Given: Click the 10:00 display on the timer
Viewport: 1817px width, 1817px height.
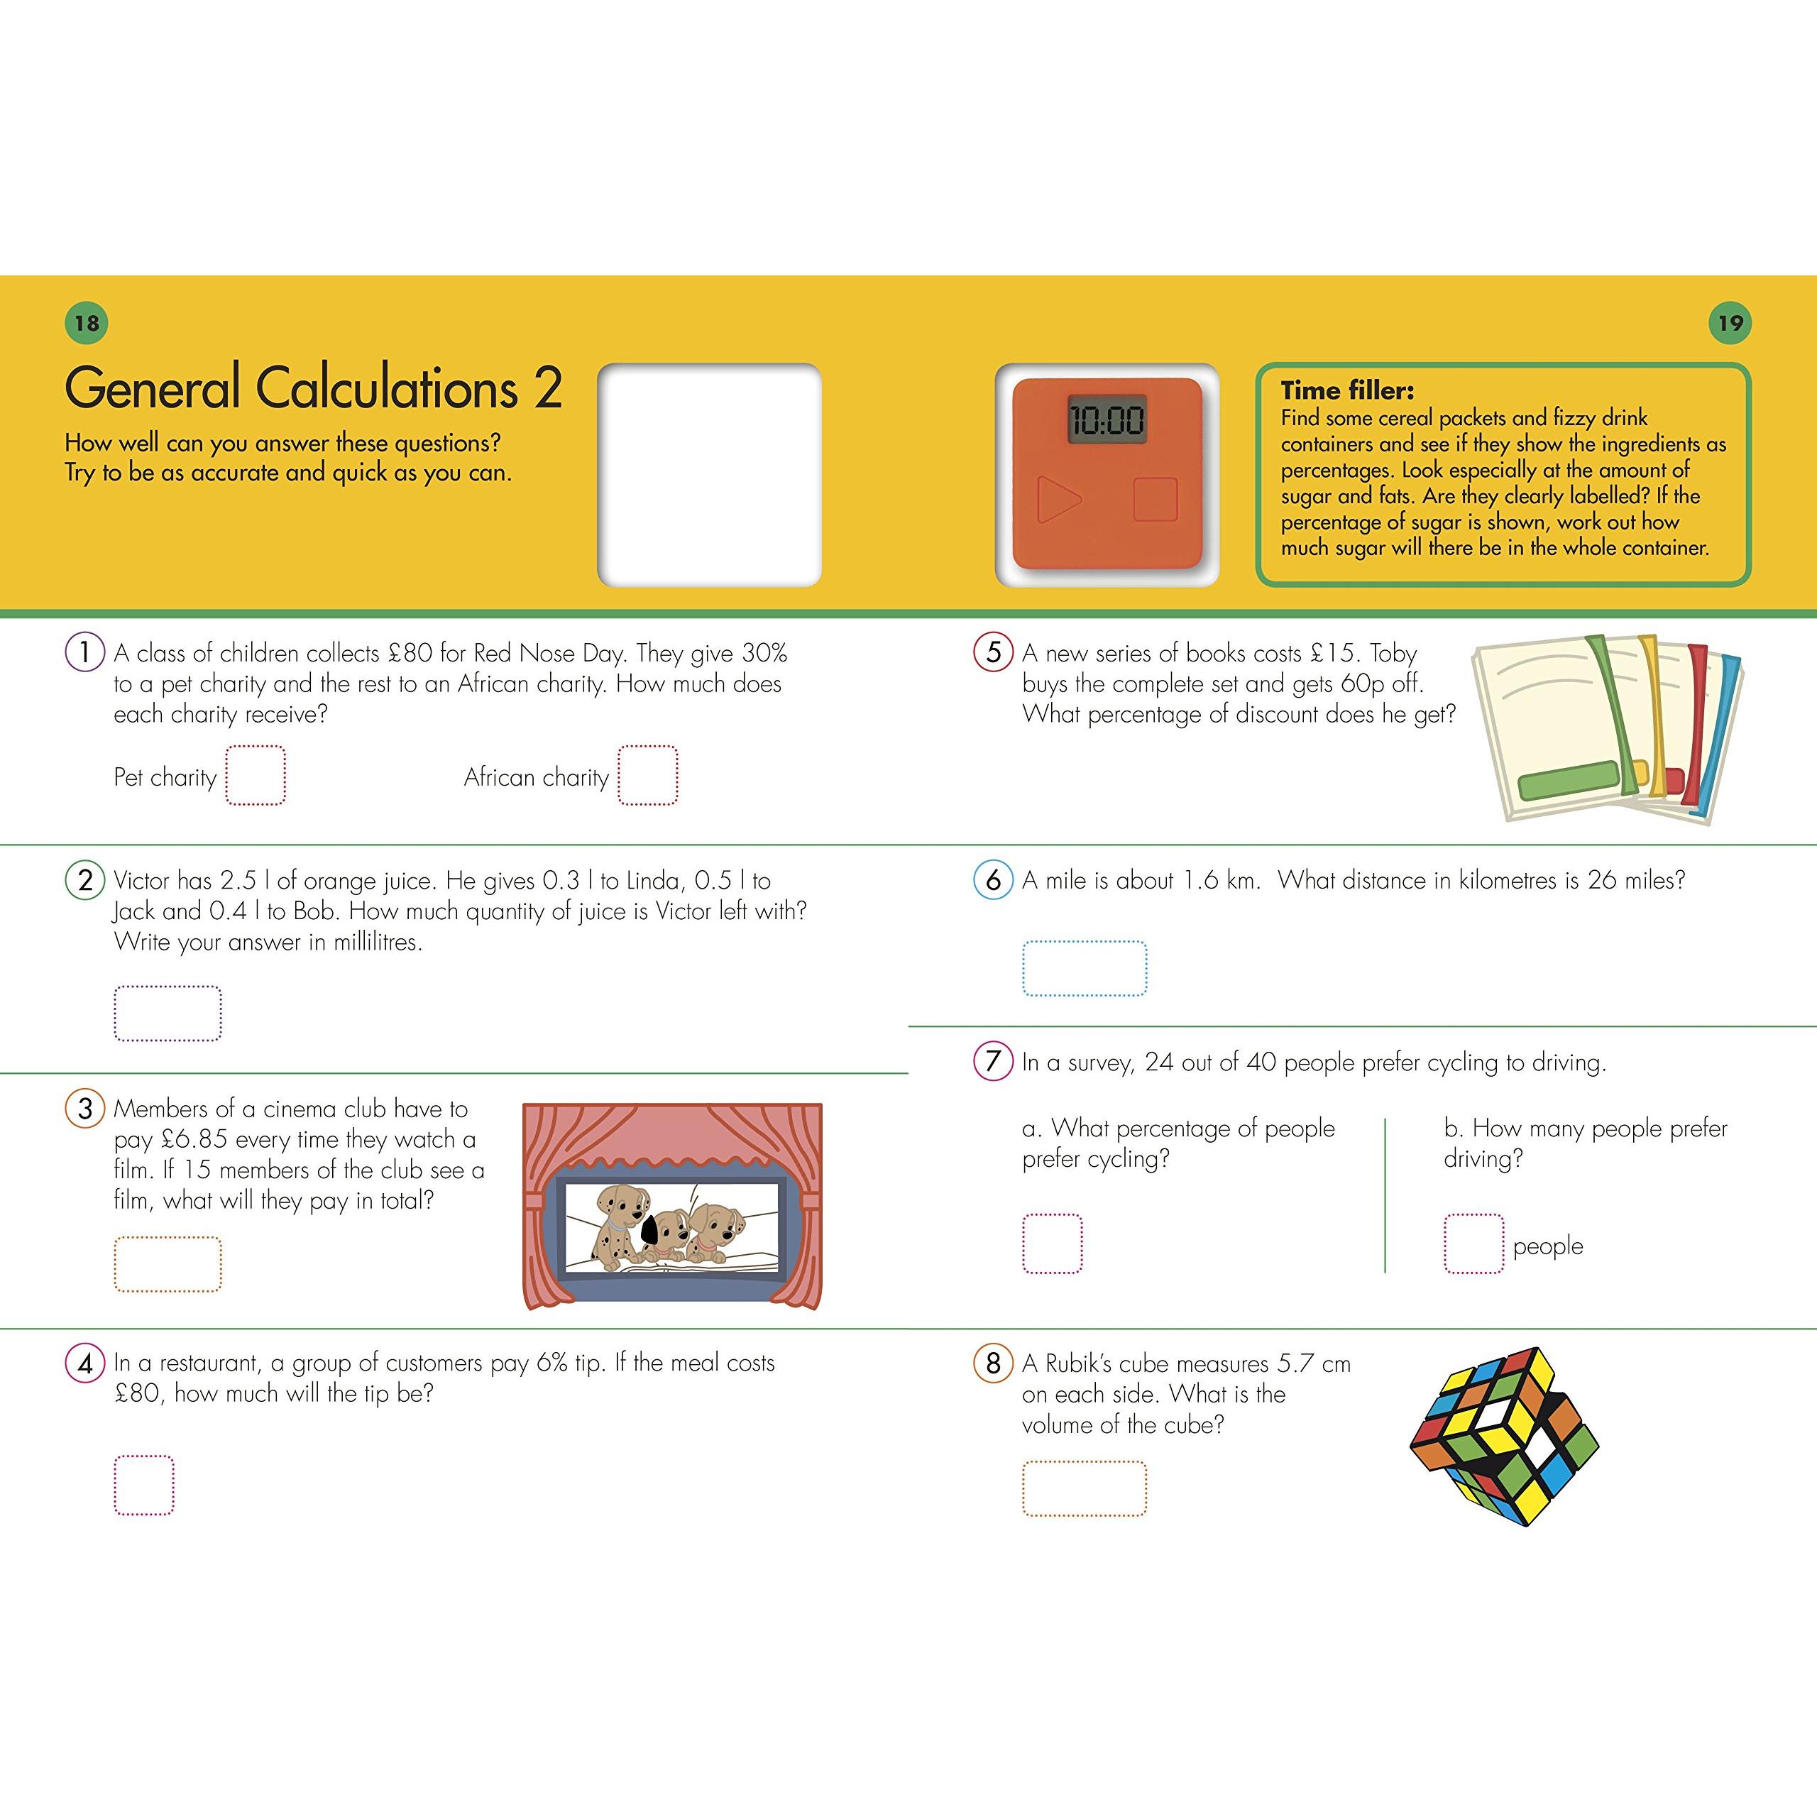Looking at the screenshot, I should click(x=1107, y=420).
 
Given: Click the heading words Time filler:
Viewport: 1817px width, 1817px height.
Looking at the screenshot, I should click(x=1346, y=390).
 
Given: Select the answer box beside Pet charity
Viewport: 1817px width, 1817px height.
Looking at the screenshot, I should click(x=256, y=776).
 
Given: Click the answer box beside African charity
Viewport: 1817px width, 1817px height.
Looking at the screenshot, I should click(x=648, y=776).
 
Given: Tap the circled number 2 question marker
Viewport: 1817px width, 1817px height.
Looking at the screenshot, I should click(x=84, y=880).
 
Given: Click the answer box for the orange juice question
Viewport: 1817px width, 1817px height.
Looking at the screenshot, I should click(x=168, y=1013).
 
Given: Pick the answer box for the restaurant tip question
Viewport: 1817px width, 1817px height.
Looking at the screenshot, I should click(x=144, y=1485).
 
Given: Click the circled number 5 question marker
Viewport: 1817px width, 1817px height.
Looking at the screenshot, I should click(x=993, y=652).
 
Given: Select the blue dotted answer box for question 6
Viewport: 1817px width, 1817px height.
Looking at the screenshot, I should click(x=1085, y=967).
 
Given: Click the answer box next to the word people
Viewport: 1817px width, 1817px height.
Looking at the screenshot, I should click(x=1473, y=1244).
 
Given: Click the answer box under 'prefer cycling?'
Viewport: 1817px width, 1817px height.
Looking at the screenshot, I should click(x=1053, y=1244).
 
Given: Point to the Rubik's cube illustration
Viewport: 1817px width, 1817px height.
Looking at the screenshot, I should click(x=1504, y=1435).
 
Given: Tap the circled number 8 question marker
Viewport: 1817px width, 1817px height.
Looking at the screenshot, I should click(x=993, y=1363).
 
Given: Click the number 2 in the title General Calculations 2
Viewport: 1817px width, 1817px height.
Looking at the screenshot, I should click(x=549, y=388).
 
